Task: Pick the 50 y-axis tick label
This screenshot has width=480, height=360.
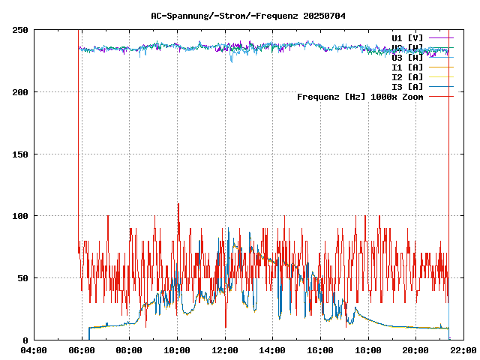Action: tap(23, 278)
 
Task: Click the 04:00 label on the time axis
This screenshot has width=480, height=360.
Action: tap(34, 349)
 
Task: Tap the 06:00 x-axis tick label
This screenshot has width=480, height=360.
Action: tap(82, 349)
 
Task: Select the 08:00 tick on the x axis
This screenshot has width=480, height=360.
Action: tap(129, 349)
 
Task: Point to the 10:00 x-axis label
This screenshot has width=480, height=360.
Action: tap(177, 349)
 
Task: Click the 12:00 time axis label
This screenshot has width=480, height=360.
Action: tap(225, 349)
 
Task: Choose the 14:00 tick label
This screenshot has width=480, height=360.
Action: tap(272, 349)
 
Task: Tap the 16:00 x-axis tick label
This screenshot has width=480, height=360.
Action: tap(320, 349)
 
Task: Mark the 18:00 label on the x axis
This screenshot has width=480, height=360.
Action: tap(367, 349)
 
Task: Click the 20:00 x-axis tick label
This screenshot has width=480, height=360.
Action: tap(415, 349)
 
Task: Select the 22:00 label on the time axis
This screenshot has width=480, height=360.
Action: tap(463, 349)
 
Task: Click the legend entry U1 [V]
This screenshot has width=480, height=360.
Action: tap(407, 37)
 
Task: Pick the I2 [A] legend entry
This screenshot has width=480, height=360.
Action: tap(407, 76)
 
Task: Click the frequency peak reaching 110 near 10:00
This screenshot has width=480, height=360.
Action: tap(178, 204)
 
